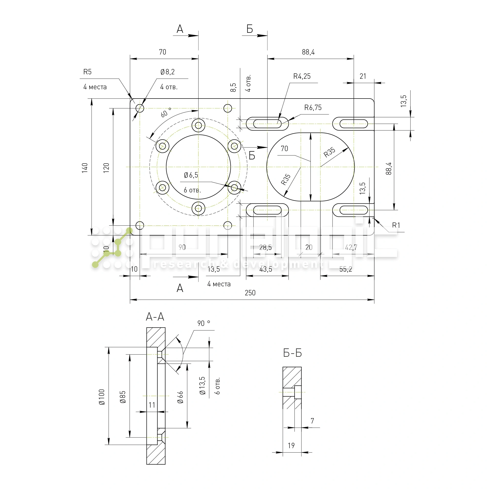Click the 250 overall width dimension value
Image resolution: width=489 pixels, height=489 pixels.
250,293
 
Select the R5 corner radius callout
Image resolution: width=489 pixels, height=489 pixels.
87,72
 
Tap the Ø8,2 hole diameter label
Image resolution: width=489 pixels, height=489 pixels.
167,72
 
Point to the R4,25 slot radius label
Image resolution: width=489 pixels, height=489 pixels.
302,76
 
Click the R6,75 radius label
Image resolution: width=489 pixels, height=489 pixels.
313,108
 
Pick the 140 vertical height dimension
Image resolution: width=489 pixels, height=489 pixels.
85,168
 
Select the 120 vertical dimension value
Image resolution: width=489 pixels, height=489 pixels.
106,168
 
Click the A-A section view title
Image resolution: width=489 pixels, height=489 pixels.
155,317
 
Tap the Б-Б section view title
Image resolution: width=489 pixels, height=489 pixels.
292,353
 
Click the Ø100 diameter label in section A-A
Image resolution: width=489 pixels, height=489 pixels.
102,397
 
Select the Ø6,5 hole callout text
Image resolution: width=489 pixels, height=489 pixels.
191,175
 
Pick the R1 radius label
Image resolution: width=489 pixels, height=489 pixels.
396,225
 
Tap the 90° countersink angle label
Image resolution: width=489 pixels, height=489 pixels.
203,323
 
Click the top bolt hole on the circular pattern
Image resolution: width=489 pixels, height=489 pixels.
198,125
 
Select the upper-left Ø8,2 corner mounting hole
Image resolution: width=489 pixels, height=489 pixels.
140,108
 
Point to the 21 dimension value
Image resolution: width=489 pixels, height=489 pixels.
363,76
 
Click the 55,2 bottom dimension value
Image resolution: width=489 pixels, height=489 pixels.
345,269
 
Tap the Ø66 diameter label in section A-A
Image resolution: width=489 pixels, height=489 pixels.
180,397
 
